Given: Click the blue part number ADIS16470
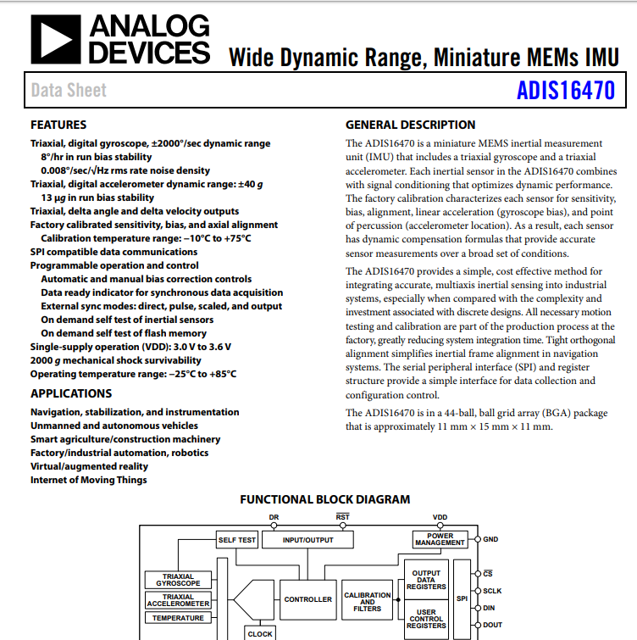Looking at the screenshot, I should (565, 90).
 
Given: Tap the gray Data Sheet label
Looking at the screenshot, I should (69, 90).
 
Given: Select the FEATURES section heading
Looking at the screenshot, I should (58, 125).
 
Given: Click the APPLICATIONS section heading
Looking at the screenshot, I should (71, 393).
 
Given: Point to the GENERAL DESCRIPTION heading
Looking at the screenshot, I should (410, 125).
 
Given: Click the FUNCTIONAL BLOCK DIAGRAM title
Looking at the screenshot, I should (324, 499).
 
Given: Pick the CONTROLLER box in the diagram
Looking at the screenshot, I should (307, 599).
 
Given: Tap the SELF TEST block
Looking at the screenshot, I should (237, 540).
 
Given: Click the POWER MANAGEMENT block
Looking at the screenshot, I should (440, 539).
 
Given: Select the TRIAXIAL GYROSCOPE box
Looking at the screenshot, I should (178, 580).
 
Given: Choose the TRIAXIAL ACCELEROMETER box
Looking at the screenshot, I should (178, 600).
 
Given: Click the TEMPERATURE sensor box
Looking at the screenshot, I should (178, 618).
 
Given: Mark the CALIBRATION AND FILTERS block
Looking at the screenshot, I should (367, 602).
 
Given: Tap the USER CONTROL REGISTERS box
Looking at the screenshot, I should (426, 619).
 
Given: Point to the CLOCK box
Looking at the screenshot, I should (260, 632).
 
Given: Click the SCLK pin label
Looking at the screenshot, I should (492, 590).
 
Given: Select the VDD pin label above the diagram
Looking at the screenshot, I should (440, 516).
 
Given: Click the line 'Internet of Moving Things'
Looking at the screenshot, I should (88, 480).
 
